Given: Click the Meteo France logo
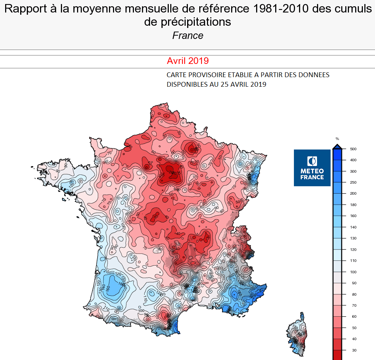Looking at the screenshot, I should [312, 168].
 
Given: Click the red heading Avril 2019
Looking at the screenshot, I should [187, 61].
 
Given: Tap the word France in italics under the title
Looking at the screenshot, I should [187, 36].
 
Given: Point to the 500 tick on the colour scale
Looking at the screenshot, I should [354, 149].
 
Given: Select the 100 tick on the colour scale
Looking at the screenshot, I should [354, 272].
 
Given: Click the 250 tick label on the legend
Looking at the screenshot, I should [354, 183].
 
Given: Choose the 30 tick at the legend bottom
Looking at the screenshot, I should [354, 350].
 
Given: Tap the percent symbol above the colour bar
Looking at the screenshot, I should [337, 139].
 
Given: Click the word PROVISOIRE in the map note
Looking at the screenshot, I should [199, 75].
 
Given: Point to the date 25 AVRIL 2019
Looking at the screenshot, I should [243, 84].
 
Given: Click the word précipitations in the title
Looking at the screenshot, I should [187, 22].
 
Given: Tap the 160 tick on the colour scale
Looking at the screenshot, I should [354, 216].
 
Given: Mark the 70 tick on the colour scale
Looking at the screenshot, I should [354, 305].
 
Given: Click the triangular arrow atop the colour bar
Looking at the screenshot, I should [337, 147].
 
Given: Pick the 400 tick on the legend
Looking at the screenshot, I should [354, 160].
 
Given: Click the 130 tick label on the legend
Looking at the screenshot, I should [354, 238].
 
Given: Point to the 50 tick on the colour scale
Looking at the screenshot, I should [354, 328].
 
